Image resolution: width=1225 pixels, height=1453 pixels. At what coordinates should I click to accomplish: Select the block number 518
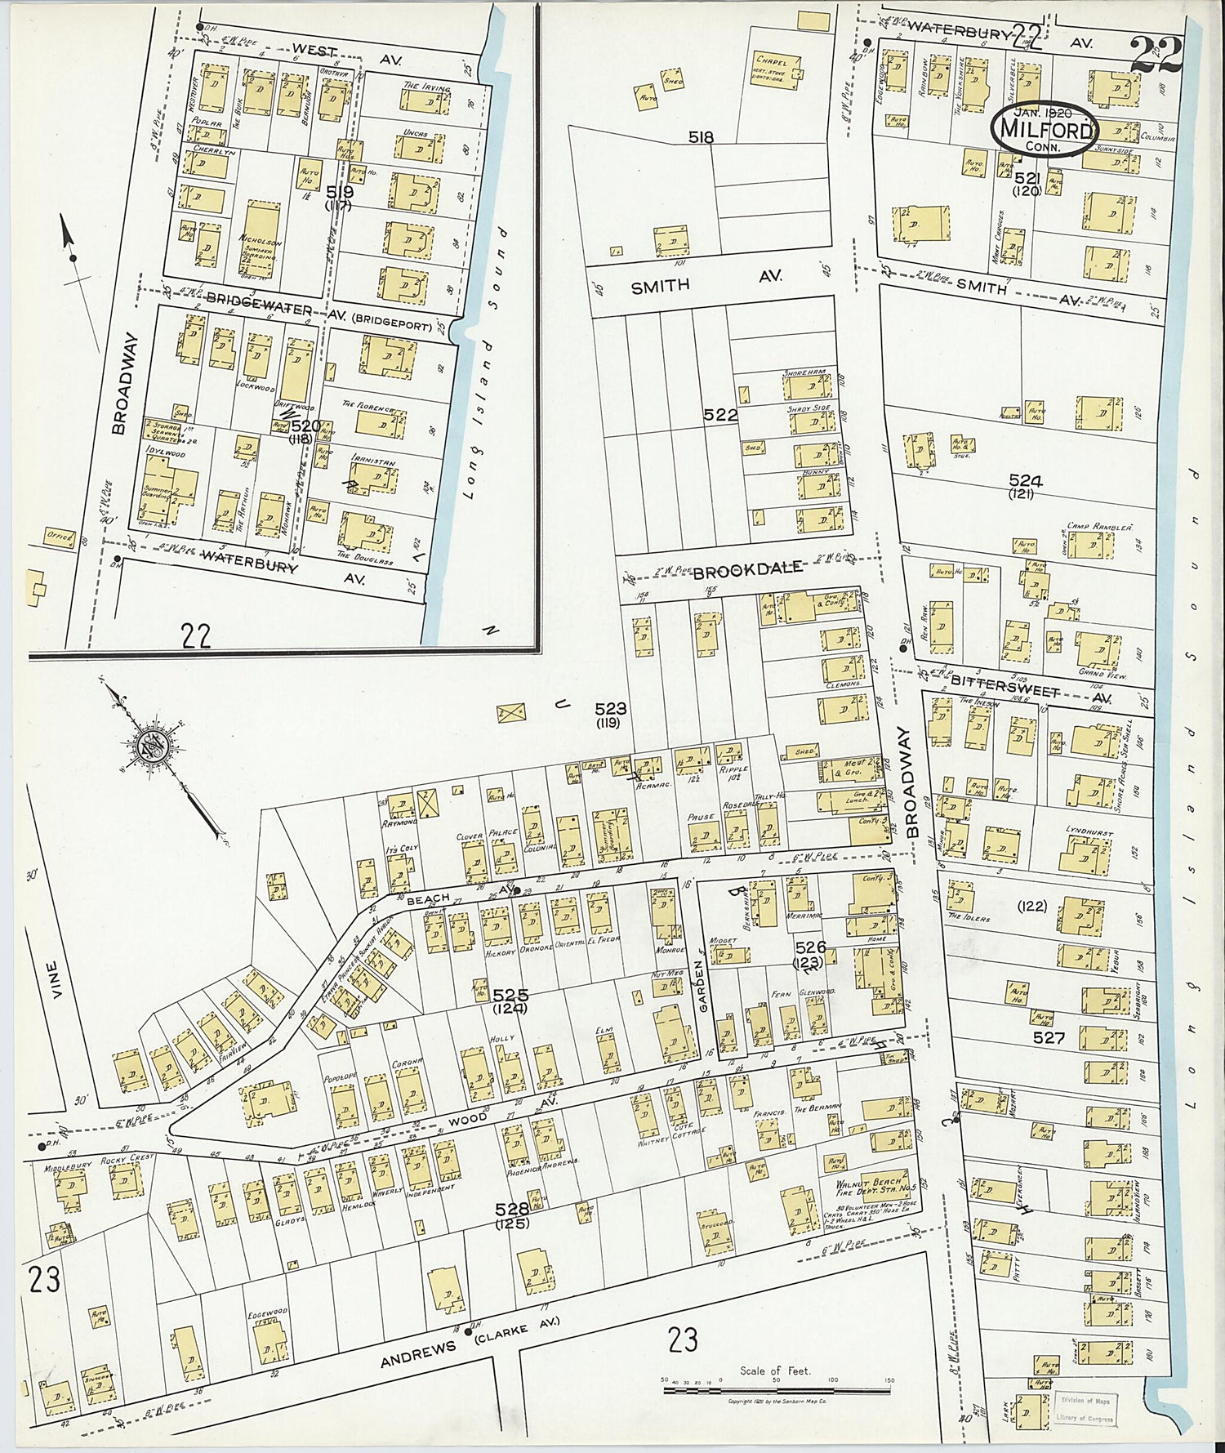point(701,137)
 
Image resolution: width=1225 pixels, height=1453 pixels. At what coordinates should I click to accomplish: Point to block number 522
point(720,415)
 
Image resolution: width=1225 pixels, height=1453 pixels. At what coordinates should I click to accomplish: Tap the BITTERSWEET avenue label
point(1004,680)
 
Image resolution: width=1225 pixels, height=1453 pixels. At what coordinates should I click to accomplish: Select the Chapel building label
point(772,60)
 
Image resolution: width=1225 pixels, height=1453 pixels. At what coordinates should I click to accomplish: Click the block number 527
point(1049,1038)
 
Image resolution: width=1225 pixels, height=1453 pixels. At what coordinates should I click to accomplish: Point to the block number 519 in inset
point(339,192)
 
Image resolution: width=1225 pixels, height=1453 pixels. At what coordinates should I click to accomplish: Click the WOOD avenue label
point(466,1119)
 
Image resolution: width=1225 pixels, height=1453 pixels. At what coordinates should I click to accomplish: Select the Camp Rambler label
point(1099,527)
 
